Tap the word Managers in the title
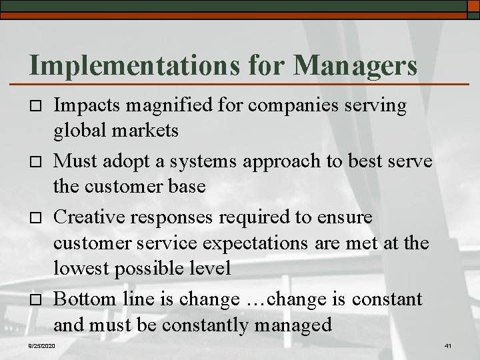point(355,65)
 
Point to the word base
point(186,186)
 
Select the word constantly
point(217,325)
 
